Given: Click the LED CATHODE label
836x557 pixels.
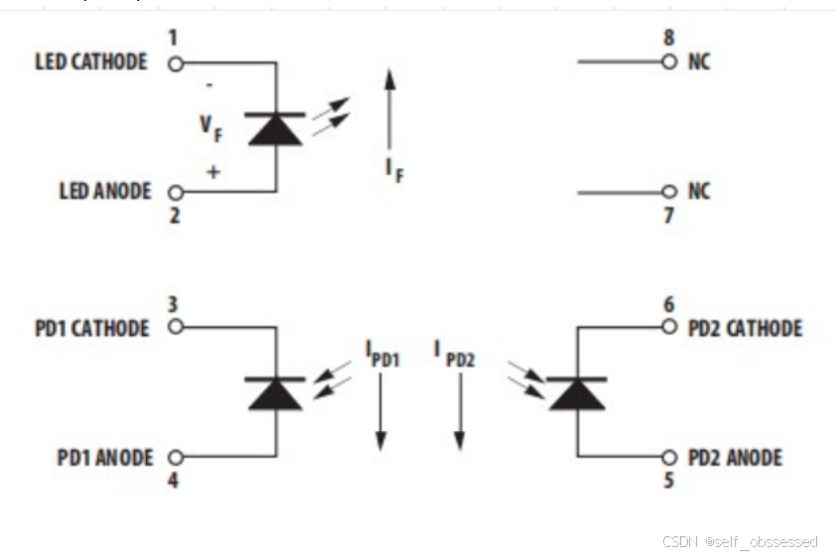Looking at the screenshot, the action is [91, 63].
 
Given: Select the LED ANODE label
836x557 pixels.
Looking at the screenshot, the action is [105, 191].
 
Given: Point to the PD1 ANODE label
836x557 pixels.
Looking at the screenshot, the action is [105, 458].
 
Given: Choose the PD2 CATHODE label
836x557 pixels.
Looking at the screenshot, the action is [745, 328].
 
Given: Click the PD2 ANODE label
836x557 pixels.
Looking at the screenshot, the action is [735, 458].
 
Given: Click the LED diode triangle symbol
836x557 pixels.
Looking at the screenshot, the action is [275, 130].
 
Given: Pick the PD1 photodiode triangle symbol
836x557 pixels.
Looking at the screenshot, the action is [275, 394].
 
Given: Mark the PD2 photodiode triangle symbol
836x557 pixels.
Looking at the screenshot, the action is [577, 394].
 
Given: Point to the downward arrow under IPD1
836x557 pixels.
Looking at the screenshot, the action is [379, 417].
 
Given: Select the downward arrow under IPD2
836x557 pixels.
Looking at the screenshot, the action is [459, 417].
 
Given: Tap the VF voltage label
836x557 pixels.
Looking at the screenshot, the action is [210, 128].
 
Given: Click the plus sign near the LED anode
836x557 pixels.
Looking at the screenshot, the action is [212, 172].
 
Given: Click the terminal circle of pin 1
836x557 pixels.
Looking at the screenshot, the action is [176, 64].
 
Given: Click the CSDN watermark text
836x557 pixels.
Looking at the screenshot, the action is [740, 541].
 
